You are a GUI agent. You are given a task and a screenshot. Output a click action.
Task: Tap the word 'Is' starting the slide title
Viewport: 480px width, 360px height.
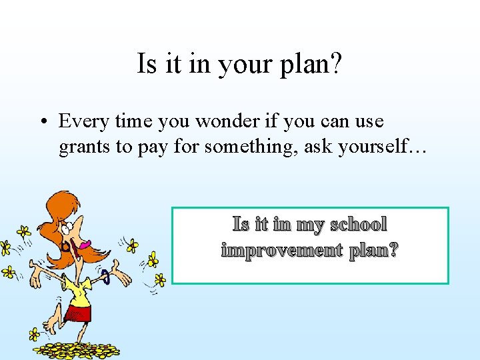coord(146,64)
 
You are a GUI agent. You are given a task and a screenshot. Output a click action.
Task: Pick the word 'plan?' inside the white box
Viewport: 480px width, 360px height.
coord(373,251)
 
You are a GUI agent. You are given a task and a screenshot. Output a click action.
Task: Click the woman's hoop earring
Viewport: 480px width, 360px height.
coord(65,247)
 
